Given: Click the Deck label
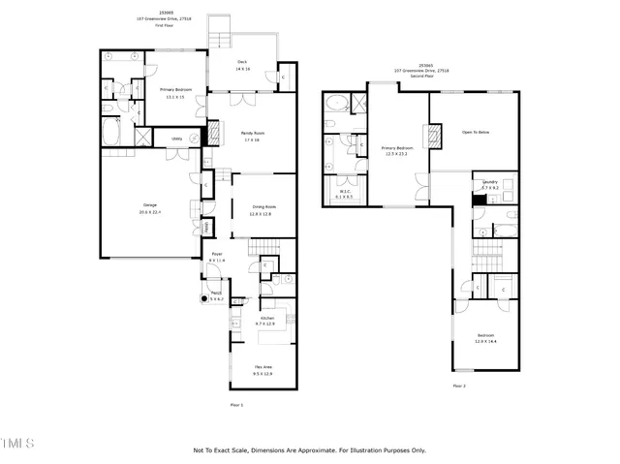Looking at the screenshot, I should coord(242,64).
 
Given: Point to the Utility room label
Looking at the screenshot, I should coord(177,139).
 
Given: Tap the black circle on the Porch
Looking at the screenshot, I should coord(204,299).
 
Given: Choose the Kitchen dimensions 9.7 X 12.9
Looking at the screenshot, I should coord(265,324).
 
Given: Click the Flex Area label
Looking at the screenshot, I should coord(263,367).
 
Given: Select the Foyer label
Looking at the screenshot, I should coord(217,255).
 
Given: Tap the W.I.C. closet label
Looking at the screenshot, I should coord(345,191).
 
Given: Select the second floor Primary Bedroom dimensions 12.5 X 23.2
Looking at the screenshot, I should coord(398,153).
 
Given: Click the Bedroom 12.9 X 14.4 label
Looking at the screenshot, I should coord(485,336).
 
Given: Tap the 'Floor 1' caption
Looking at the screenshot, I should coord(236,404).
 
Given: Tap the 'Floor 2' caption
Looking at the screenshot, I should coord(459,386).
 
